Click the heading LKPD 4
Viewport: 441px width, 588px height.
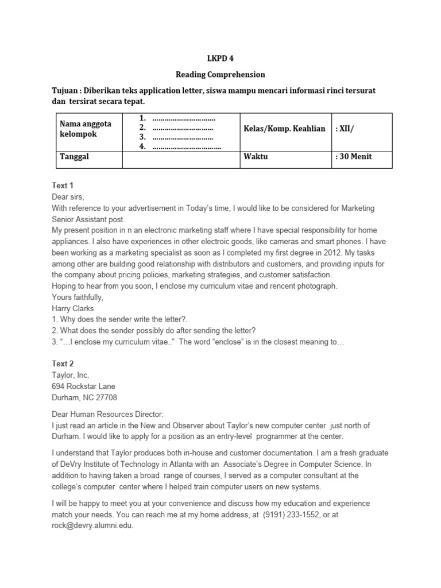[x=220, y=59]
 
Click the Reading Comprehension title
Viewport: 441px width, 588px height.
[x=220, y=75]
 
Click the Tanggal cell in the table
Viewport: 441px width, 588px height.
[x=74, y=157]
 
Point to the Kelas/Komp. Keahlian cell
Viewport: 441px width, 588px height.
[x=284, y=129]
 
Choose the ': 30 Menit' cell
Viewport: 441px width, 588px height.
[x=354, y=157]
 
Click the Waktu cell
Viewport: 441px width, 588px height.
[x=256, y=157]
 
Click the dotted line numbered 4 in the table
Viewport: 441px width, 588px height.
[x=187, y=147]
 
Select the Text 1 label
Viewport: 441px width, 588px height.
[x=63, y=186]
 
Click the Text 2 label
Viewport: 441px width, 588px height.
[x=63, y=364]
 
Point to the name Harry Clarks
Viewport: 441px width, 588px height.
[x=73, y=308]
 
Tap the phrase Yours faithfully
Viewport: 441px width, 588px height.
[x=77, y=297]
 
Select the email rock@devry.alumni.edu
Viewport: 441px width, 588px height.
[x=92, y=525]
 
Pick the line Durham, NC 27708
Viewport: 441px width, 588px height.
[x=84, y=397]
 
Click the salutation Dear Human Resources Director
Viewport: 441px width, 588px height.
[x=108, y=414]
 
